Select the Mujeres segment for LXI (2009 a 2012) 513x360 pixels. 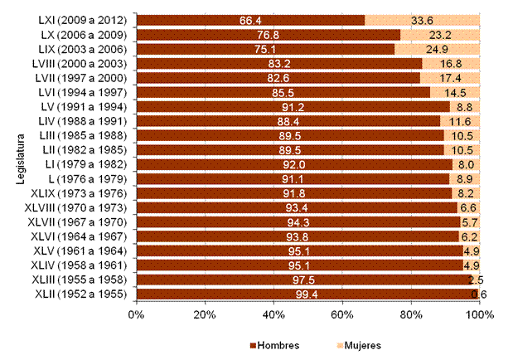point(448,20)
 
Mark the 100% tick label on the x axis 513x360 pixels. point(479,315)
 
